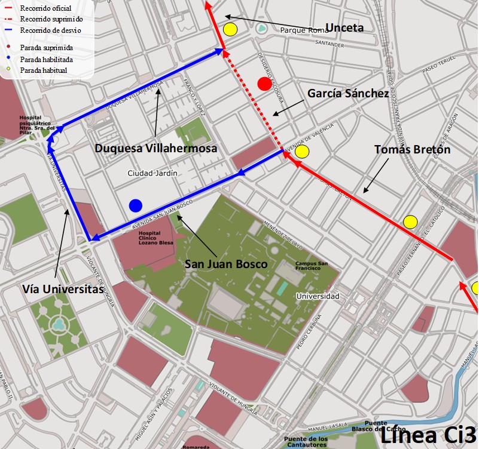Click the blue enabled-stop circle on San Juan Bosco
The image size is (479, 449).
coord(136,205)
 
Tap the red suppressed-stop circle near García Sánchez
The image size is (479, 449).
coord(264,84)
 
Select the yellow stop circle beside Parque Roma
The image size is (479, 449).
coord(230,29)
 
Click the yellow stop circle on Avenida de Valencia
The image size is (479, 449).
coord(302,152)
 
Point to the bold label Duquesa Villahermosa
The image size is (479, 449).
coord(155,148)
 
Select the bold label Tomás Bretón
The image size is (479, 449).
coord(412,149)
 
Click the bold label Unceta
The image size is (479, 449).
coord(344,27)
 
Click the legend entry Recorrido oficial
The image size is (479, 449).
coord(45,8)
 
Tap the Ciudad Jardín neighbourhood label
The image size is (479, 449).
coord(152,173)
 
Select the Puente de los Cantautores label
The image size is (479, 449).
coord(306,442)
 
